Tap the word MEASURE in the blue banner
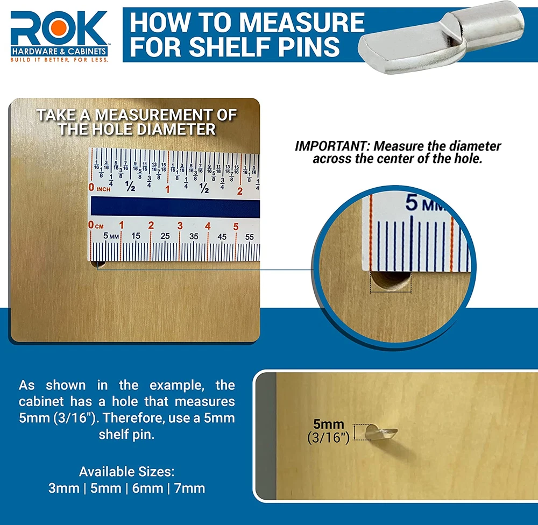(x=302, y=22)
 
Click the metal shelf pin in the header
(x=441, y=41)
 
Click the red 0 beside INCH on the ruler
(x=91, y=187)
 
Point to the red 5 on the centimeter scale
(x=236, y=226)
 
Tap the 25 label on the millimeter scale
(x=165, y=236)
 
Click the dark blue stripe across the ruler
(x=175, y=207)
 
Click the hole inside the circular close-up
(x=391, y=281)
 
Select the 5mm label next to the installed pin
(x=328, y=424)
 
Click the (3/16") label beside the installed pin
(x=328, y=437)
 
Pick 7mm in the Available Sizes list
(x=190, y=488)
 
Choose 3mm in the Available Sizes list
(x=64, y=488)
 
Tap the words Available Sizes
(x=126, y=472)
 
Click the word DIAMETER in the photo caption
(x=176, y=129)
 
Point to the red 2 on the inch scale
(x=240, y=191)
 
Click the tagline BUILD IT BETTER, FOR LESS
(x=59, y=60)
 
